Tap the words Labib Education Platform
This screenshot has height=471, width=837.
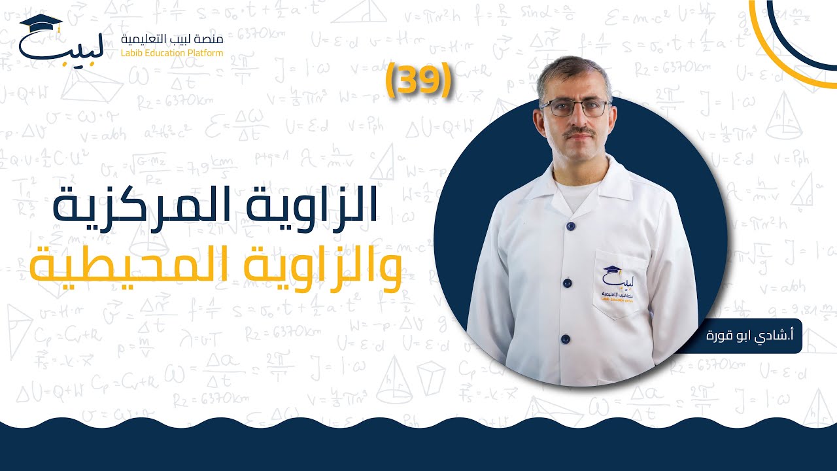[173, 53]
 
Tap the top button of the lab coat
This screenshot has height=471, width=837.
[570, 226]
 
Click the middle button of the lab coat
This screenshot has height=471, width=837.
[567, 283]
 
